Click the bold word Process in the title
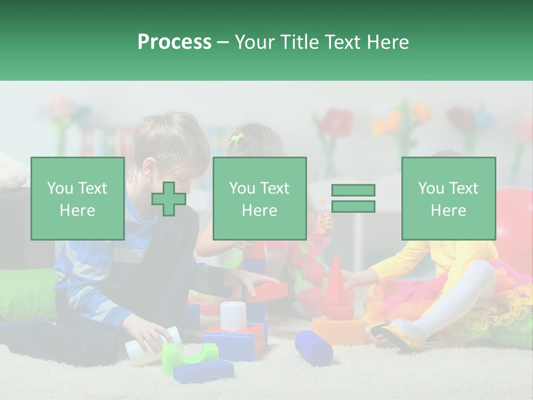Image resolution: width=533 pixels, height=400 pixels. (174, 42)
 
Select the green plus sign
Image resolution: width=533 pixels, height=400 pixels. (169, 199)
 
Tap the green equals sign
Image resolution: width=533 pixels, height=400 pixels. (353, 198)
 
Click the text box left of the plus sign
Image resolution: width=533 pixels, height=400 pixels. (77, 198)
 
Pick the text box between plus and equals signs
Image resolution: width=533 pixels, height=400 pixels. (259, 198)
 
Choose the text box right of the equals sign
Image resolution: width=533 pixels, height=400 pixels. (448, 198)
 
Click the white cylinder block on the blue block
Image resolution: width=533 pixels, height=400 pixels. (233, 316)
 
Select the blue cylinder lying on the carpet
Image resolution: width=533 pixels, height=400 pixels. (314, 347)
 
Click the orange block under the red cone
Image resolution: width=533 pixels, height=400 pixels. (338, 331)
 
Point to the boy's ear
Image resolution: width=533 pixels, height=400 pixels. (149, 167)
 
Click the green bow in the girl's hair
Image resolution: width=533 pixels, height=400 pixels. (237, 138)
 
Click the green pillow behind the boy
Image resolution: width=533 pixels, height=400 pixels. (28, 292)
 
